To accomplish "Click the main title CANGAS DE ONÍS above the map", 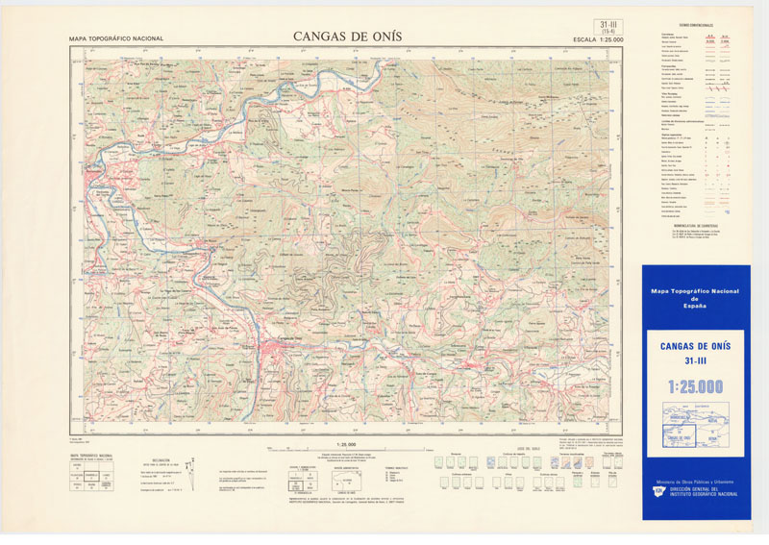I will [x=347, y=37].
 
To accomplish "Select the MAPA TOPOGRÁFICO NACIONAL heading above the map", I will [x=116, y=39].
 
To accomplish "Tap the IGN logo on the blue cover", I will [x=657, y=491].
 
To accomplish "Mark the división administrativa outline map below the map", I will [x=346, y=478].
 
